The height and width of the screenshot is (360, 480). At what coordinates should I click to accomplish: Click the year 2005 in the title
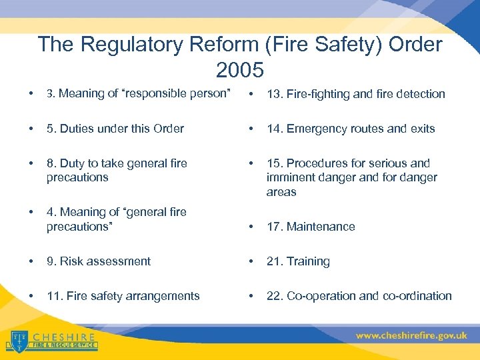(x=240, y=69)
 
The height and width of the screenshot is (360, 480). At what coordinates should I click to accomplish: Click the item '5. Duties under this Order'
(x=115, y=129)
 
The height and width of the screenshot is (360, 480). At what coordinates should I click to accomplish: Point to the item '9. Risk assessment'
(x=99, y=261)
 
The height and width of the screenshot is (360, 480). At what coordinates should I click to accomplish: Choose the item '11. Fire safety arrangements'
(x=123, y=296)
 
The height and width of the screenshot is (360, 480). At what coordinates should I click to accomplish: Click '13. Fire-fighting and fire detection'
(x=355, y=94)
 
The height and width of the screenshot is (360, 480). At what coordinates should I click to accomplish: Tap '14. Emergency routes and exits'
(x=351, y=129)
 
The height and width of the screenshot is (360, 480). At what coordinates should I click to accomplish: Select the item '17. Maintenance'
(x=311, y=227)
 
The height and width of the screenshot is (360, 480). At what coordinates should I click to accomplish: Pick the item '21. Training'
(x=298, y=261)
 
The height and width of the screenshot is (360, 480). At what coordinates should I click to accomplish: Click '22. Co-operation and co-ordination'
(x=359, y=296)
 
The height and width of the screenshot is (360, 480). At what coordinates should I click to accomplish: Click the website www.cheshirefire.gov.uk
(x=411, y=336)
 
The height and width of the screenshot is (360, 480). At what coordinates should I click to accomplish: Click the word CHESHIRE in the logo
(x=63, y=337)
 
